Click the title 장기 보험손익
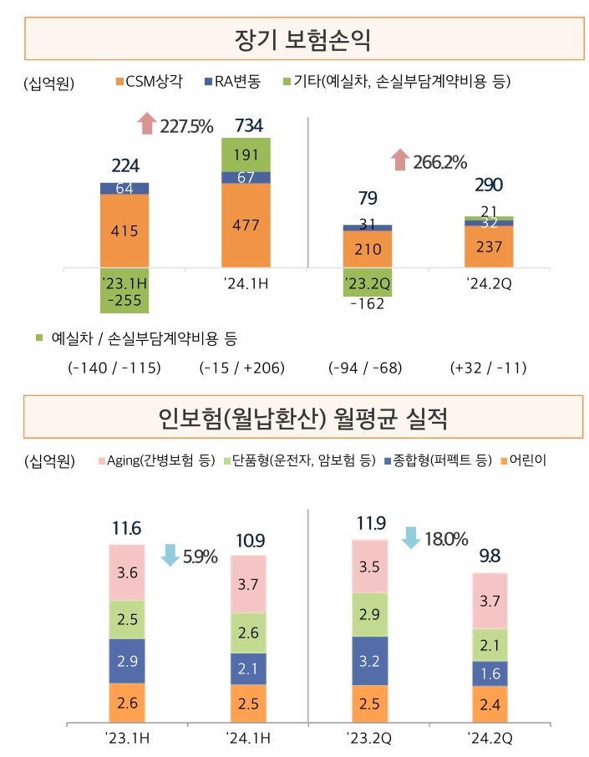[x=303, y=38]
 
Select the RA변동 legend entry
[x=232, y=82]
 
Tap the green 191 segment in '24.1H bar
[x=246, y=155]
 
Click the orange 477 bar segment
[x=246, y=225]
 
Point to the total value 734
[x=249, y=126]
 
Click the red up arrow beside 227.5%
[x=147, y=124]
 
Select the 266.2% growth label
[x=439, y=161]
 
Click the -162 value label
[x=367, y=303]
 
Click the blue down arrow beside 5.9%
[x=170, y=555]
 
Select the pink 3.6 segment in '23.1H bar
[x=127, y=572]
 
